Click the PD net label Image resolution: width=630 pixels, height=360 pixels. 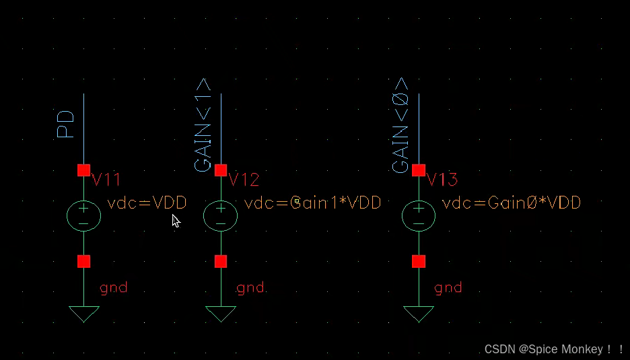click(x=66, y=124)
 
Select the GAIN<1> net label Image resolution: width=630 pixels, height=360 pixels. click(x=203, y=124)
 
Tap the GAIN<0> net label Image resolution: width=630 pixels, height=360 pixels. click(x=400, y=124)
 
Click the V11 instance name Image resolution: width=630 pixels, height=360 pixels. click(x=106, y=180)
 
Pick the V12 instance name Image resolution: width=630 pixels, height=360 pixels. click(x=244, y=180)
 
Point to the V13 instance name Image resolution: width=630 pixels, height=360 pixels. click(x=442, y=180)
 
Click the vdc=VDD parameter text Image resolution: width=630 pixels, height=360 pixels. click(x=147, y=203)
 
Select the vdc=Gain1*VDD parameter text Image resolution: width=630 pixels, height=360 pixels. click(x=313, y=203)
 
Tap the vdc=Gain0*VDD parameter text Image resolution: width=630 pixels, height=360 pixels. click(x=512, y=203)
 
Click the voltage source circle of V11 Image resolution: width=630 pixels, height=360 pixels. click(x=83, y=215)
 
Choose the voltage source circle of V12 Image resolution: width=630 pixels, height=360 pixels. click(x=220, y=215)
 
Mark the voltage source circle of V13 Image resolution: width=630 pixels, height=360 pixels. click(x=419, y=215)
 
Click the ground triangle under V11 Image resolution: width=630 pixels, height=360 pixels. click(x=83, y=313)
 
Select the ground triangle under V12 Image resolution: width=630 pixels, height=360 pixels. click(x=220, y=313)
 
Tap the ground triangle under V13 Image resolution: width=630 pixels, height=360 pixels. click(x=419, y=313)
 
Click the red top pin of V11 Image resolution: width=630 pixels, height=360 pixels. click(x=83, y=170)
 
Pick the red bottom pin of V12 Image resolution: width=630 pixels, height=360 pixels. click(x=220, y=261)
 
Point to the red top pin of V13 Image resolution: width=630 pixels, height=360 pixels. click(x=419, y=170)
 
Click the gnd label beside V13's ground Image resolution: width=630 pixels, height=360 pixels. click(x=448, y=288)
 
